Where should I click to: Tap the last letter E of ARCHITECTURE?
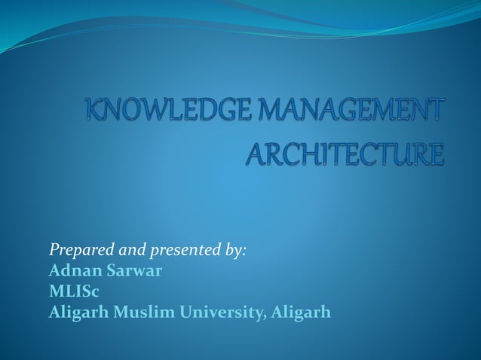click(437, 155)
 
